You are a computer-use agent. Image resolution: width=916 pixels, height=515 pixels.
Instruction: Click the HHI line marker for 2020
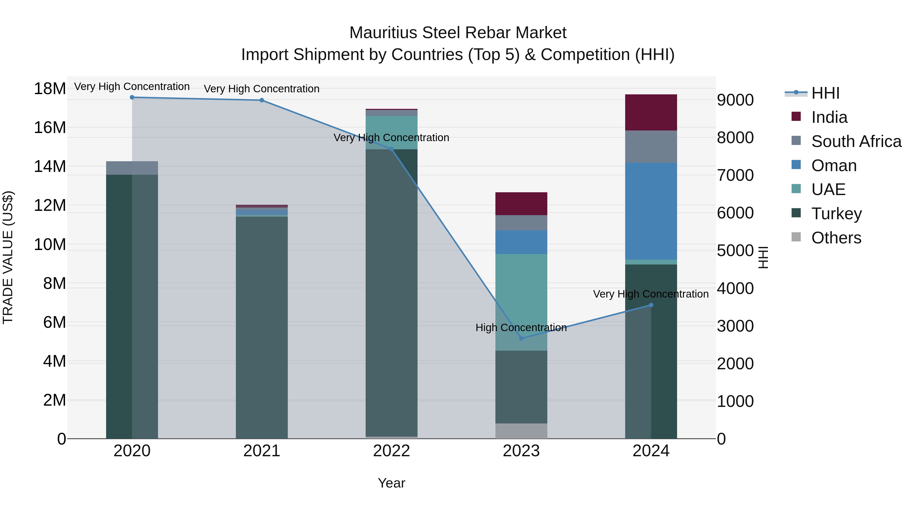pos(132,97)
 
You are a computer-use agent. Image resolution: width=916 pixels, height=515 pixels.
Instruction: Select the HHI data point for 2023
pos(521,338)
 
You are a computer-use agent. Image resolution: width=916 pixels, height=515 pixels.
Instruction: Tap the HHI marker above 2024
pos(651,305)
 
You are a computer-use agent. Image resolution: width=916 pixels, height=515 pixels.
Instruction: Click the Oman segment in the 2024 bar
pos(651,212)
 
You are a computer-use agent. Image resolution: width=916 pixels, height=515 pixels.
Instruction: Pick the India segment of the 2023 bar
pos(521,204)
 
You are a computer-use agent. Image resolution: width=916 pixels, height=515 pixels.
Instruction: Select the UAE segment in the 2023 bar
pos(521,302)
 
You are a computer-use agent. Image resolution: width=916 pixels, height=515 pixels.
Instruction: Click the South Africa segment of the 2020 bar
pos(132,168)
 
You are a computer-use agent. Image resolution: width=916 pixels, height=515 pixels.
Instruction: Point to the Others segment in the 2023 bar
pos(521,431)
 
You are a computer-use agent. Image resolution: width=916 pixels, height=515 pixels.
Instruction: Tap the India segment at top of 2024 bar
pos(651,112)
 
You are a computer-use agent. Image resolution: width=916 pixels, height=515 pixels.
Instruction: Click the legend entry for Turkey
pos(836,214)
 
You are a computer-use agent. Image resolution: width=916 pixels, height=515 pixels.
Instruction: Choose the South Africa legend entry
pos(856,141)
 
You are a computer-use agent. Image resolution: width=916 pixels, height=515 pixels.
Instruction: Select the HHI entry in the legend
pos(825,93)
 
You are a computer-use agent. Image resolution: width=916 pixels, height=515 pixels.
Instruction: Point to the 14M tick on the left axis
pos(50,166)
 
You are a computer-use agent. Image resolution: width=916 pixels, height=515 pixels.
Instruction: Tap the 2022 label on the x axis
pos(392,451)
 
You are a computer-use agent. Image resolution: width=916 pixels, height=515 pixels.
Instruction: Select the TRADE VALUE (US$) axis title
pos(8,257)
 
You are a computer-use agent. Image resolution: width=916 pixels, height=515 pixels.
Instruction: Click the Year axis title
pos(392,483)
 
